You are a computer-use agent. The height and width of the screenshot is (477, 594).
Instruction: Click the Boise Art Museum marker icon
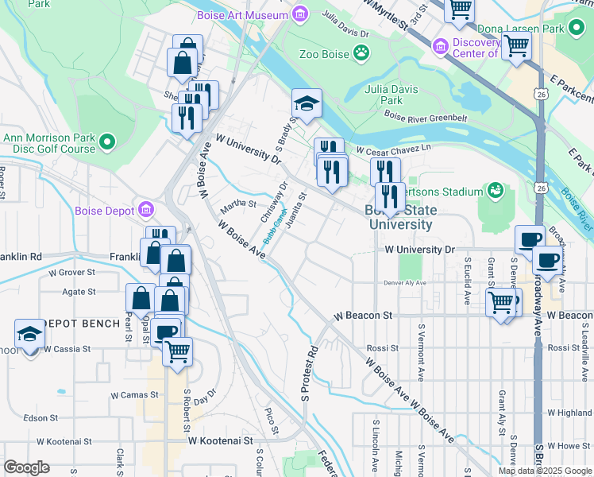tap(299, 14)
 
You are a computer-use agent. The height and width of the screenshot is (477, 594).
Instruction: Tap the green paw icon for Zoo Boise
tap(362, 54)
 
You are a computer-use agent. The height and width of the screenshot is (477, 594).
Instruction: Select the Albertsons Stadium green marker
tap(496, 192)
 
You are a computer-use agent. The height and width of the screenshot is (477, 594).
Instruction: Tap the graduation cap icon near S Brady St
tap(307, 103)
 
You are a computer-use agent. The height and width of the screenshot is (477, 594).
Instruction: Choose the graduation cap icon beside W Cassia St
tap(29, 335)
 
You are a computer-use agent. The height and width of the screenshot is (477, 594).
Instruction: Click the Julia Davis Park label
tap(384, 95)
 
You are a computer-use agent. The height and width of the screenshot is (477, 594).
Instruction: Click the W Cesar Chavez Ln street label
tap(394, 149)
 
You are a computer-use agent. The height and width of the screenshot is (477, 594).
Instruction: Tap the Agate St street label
tap(79, 292)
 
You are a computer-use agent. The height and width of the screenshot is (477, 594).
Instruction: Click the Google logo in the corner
tap(27, 467)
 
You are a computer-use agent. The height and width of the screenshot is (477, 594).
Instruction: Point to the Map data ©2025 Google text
tap(545, 471)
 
